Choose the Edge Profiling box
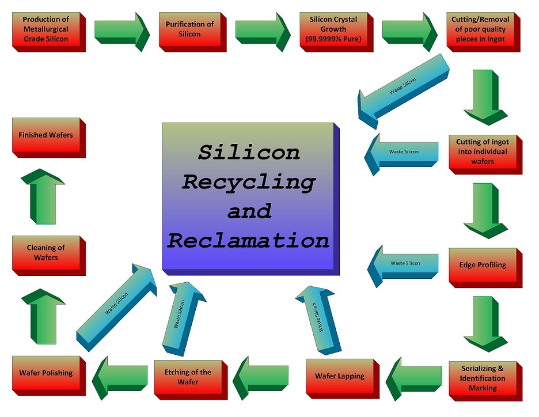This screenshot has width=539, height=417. point(483,265)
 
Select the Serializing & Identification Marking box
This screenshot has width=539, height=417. point(483,378)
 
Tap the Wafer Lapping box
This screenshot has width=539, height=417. point(340,376)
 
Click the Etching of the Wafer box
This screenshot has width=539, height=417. point(188,377)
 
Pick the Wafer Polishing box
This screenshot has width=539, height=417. point(46,373)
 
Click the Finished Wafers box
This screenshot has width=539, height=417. point(46,135)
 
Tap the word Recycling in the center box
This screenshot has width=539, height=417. point(248,182)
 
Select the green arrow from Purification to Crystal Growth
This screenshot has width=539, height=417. point(263,30)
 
